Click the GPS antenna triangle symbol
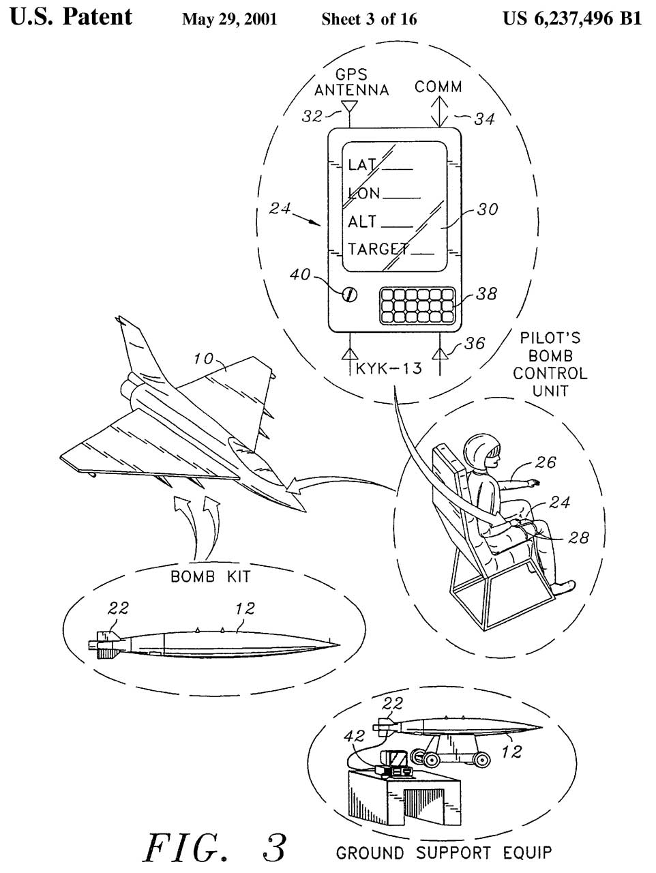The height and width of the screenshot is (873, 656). coord(350,107)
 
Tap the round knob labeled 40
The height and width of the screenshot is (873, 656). coord(350,295)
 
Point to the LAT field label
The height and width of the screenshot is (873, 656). coord(361,165)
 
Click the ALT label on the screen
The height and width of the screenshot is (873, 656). coord(362,222)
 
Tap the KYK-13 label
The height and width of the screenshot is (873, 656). coord(389,369)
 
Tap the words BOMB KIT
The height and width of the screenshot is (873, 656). coord(210,576)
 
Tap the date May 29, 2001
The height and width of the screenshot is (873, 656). coord(229,18)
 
